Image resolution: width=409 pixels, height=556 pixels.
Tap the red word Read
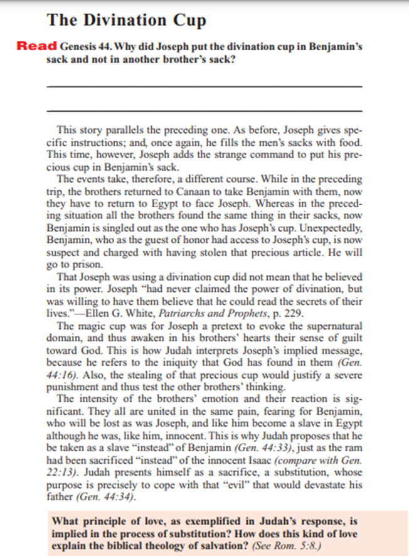[x=37, y=46]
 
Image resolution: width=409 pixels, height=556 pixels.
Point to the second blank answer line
[x=204, y=111]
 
